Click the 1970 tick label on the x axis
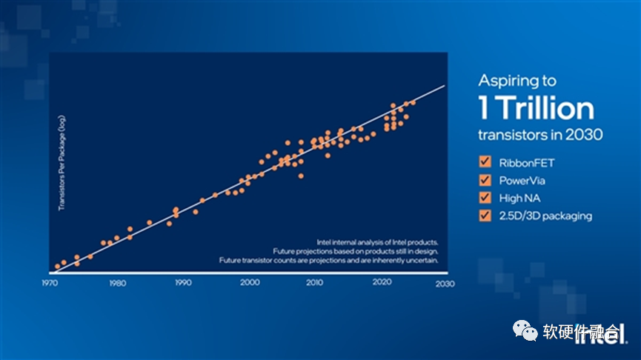coord(50,284)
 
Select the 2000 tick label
coord(249,284)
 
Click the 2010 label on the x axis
coord(314,284)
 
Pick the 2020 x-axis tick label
coord(381,284)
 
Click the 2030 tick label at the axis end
coord(445,284)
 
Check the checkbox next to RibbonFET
coord(486,161)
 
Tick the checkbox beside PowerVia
coord(486,180)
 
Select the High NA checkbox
coord(486,198)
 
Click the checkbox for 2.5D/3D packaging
coord(486,216)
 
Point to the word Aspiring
coord(508,80)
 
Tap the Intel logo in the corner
coord(606,334)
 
